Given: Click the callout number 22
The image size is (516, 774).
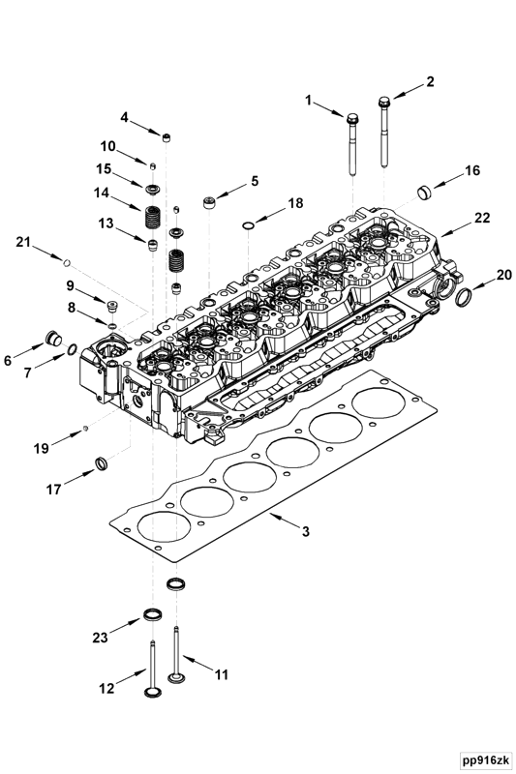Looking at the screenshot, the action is pyautogui.click(x=482, y=217).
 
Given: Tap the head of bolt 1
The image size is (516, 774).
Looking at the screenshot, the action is pyautogui.click(x=352, y=119).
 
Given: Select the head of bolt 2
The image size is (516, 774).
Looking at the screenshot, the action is pyautogui.click(x=384, y=103).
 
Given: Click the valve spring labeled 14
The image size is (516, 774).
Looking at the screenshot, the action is pyautogui.click(x=153, y=217).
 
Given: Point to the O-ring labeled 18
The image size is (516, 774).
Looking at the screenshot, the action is pyautogui.click(x=248, y=226).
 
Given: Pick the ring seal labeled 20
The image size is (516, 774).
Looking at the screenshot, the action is pyautogui.click(x=463, y=298).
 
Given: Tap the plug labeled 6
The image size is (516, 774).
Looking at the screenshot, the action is pyautogui.click(x=53, y=340).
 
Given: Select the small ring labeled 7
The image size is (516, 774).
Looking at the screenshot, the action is pyautogui.click(x=71, y=349).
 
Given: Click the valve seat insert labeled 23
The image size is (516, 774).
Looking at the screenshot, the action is pyautogui.click(x=152, y=614).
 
